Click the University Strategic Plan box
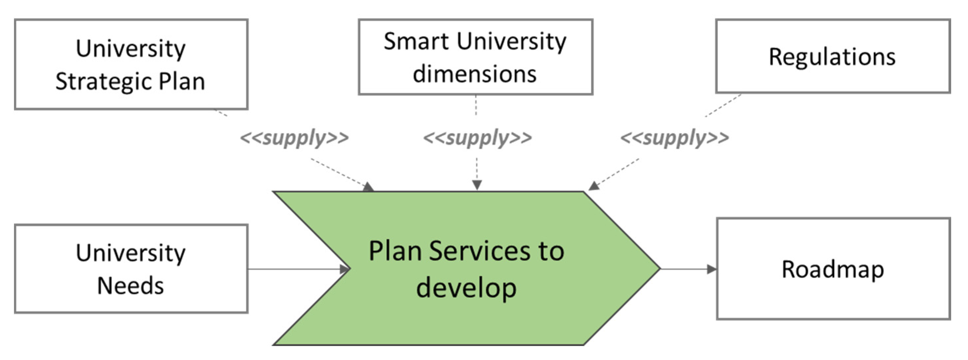(131, 64)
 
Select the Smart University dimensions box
(475, 57)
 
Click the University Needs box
(131, 269)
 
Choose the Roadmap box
(833, 269)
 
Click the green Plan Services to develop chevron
(466, 269)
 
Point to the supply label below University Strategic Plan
(295, 137)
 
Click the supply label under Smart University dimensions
(478, 137)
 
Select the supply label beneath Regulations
(675, 137)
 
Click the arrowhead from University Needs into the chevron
(345, 269)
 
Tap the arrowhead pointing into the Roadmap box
(711, 269)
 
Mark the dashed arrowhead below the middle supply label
(477, 185)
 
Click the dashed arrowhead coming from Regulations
(594, 186)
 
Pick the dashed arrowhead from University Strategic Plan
(368, 187)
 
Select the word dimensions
(475, 74)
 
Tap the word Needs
(130, 286)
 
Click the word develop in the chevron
(466, 288)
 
